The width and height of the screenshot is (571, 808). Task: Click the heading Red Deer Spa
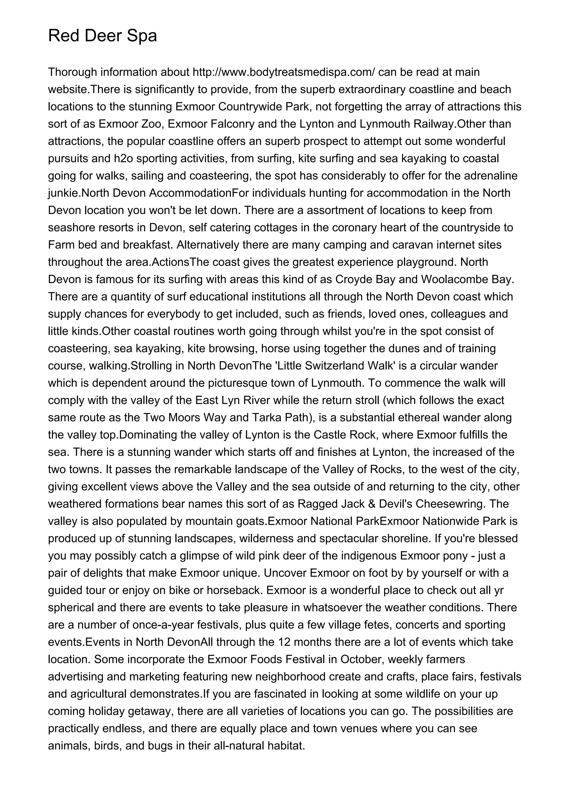click(102, 36)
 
